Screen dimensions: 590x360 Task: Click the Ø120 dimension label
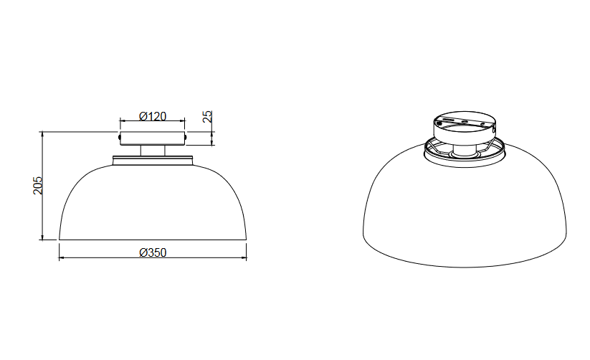(x=153, y=116)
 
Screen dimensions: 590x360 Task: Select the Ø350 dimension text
(x=153, y=252)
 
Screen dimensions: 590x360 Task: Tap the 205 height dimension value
(x=38, y=185)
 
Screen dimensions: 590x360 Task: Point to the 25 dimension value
(x=207, y=116)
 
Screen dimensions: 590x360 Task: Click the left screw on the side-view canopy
(x=119, y=138)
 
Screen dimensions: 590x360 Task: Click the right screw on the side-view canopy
(x=186, y=138)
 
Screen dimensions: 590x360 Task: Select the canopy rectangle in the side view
(x=153, y=138)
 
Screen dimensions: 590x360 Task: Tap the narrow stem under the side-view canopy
(x=153, y=151)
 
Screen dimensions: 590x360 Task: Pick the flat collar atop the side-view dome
(x=153, y=160)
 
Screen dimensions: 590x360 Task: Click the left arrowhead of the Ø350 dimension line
(x=62, y=258)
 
